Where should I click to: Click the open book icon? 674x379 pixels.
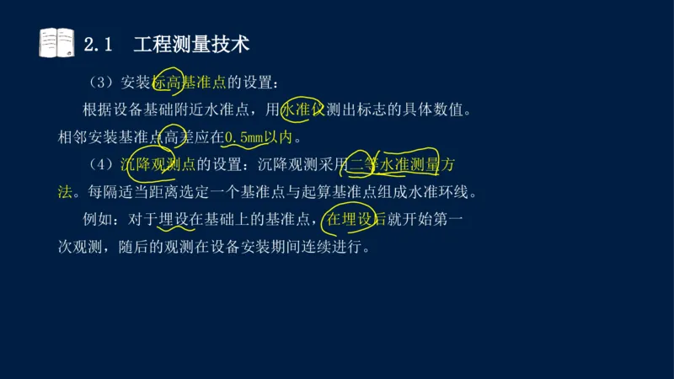[x=56, y=42]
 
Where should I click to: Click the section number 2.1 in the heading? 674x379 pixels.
[x=99, y=44]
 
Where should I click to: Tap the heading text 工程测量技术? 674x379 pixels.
[x=191, y=44]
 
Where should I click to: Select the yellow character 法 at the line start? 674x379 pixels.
[x=65, y=192]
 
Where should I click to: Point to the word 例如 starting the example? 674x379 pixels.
[x=98, y=220]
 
